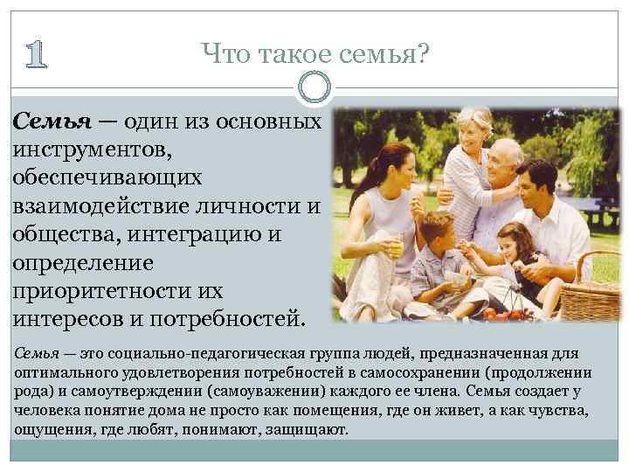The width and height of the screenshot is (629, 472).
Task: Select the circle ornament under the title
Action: coord(314,87)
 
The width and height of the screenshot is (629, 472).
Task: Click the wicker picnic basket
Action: coord(589,289)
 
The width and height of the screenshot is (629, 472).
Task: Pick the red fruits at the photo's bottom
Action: coord(502,312)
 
